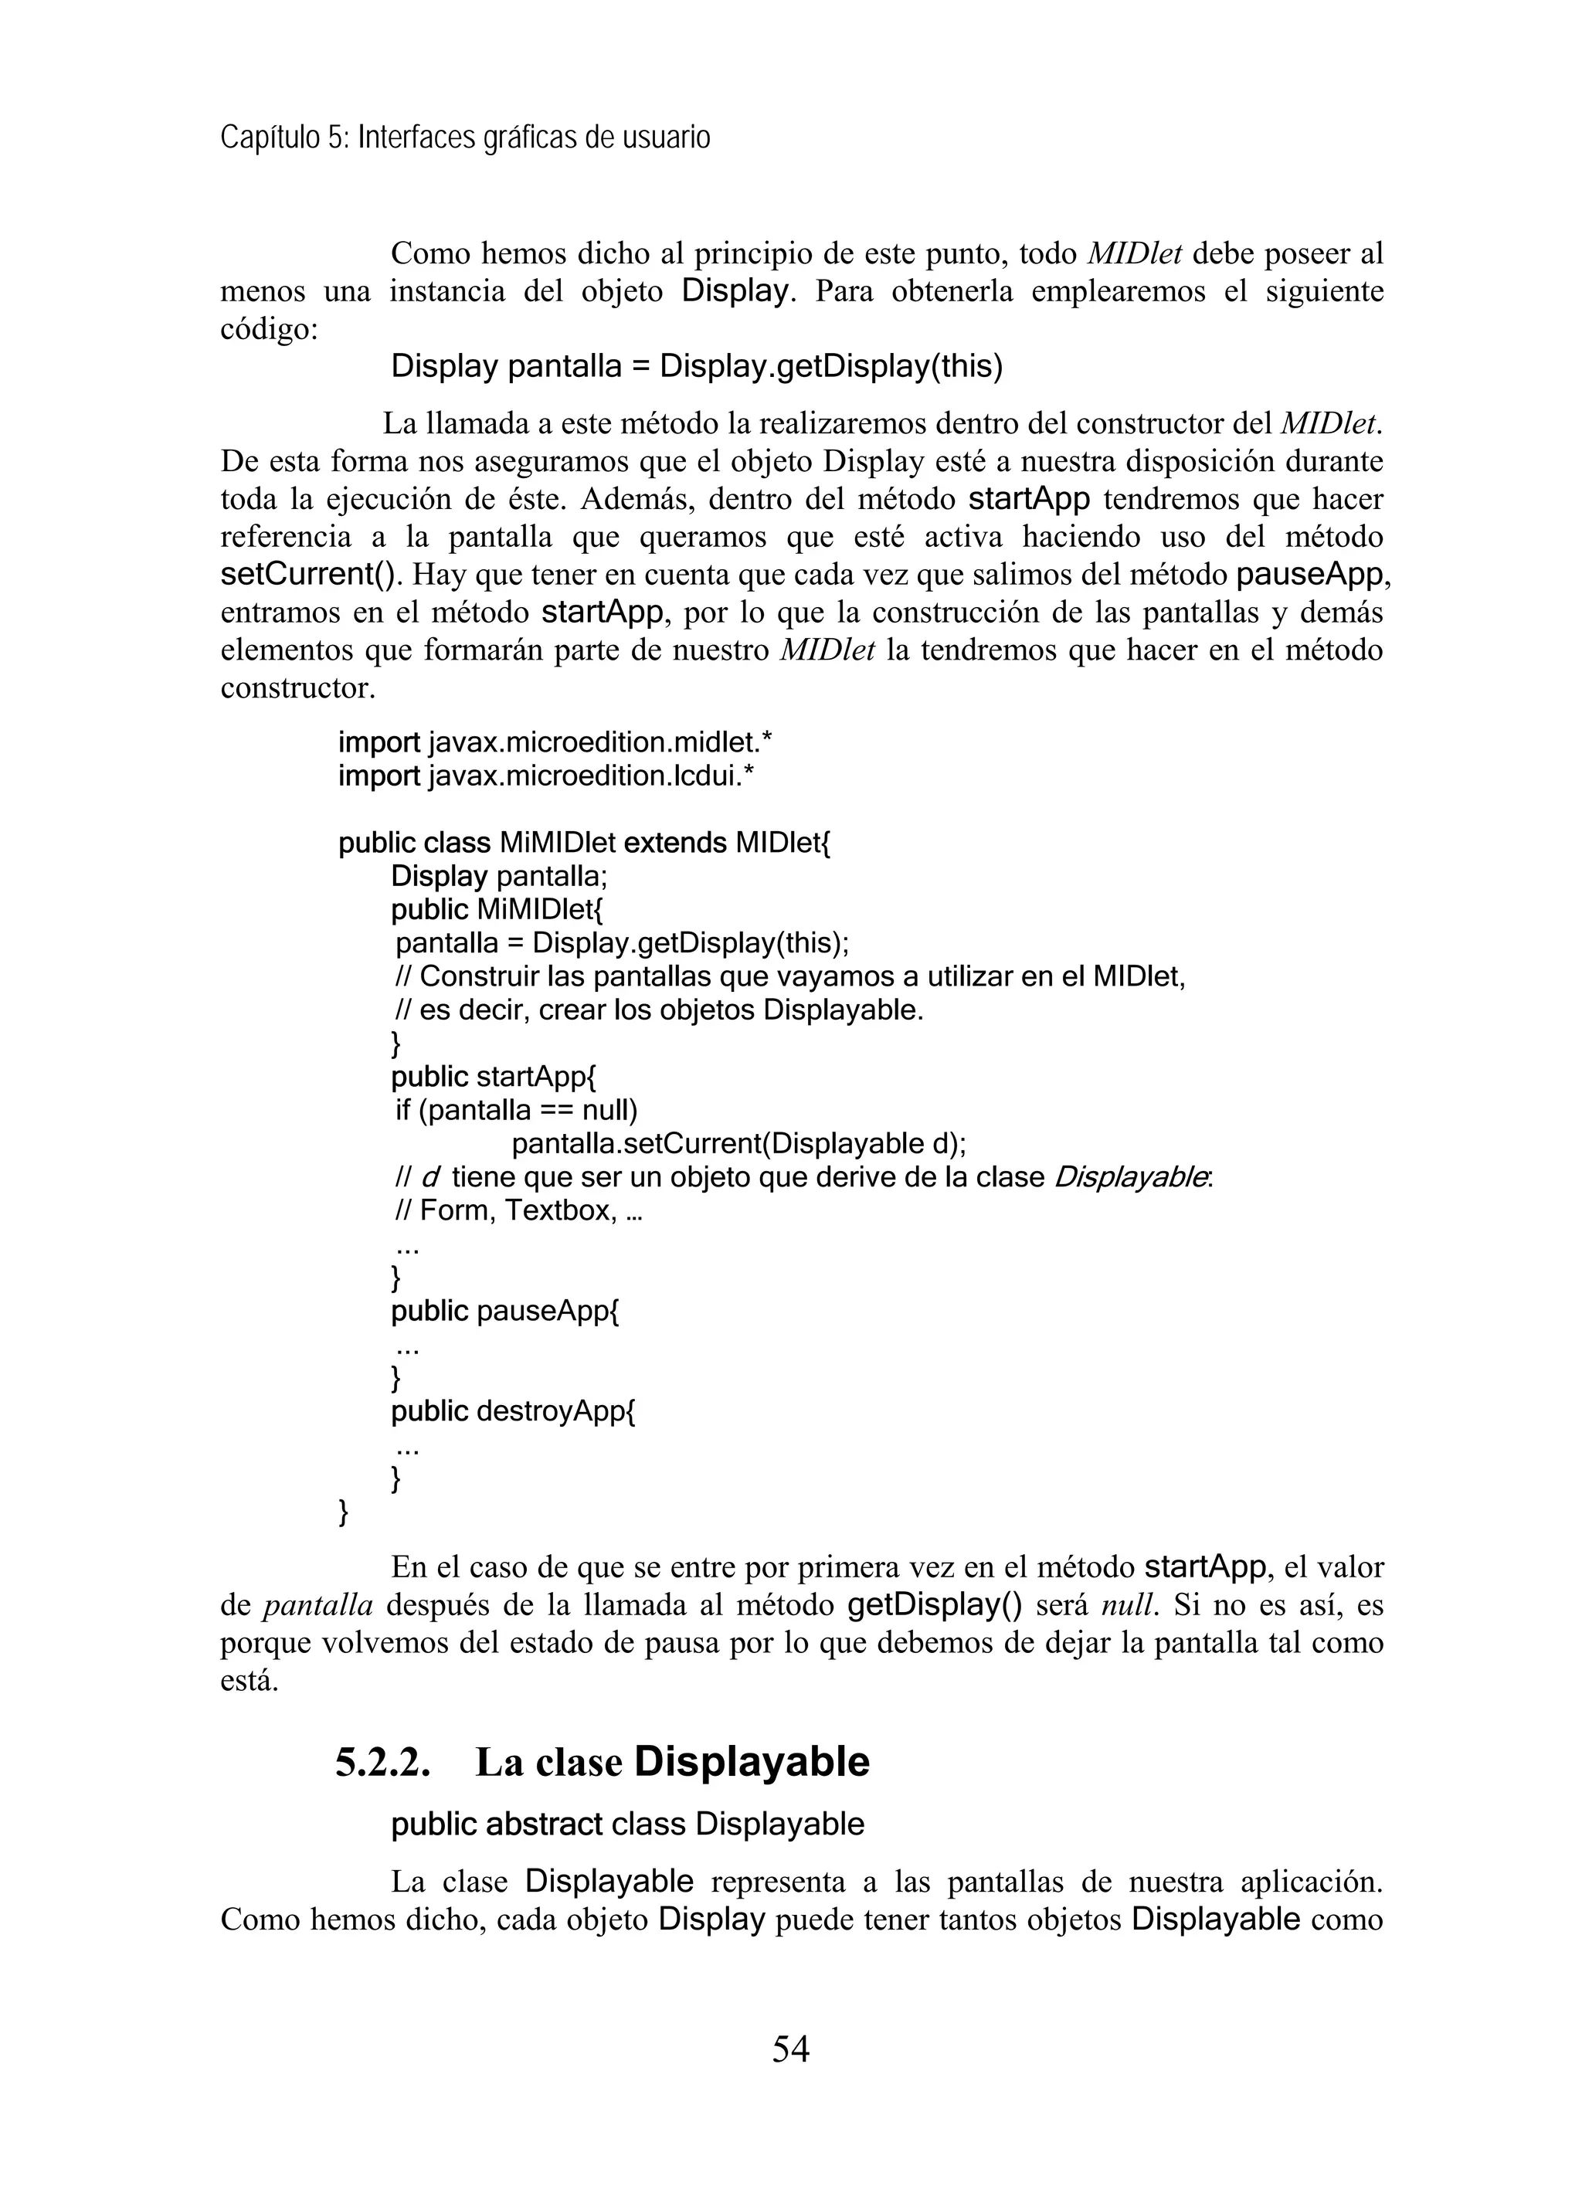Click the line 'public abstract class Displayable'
627,1824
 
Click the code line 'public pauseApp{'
504,1311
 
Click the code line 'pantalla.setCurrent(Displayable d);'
738,1144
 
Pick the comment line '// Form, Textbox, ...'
517,1210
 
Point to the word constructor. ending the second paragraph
298,689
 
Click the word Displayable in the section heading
752,1763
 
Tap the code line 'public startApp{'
494,1077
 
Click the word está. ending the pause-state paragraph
250,1682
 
